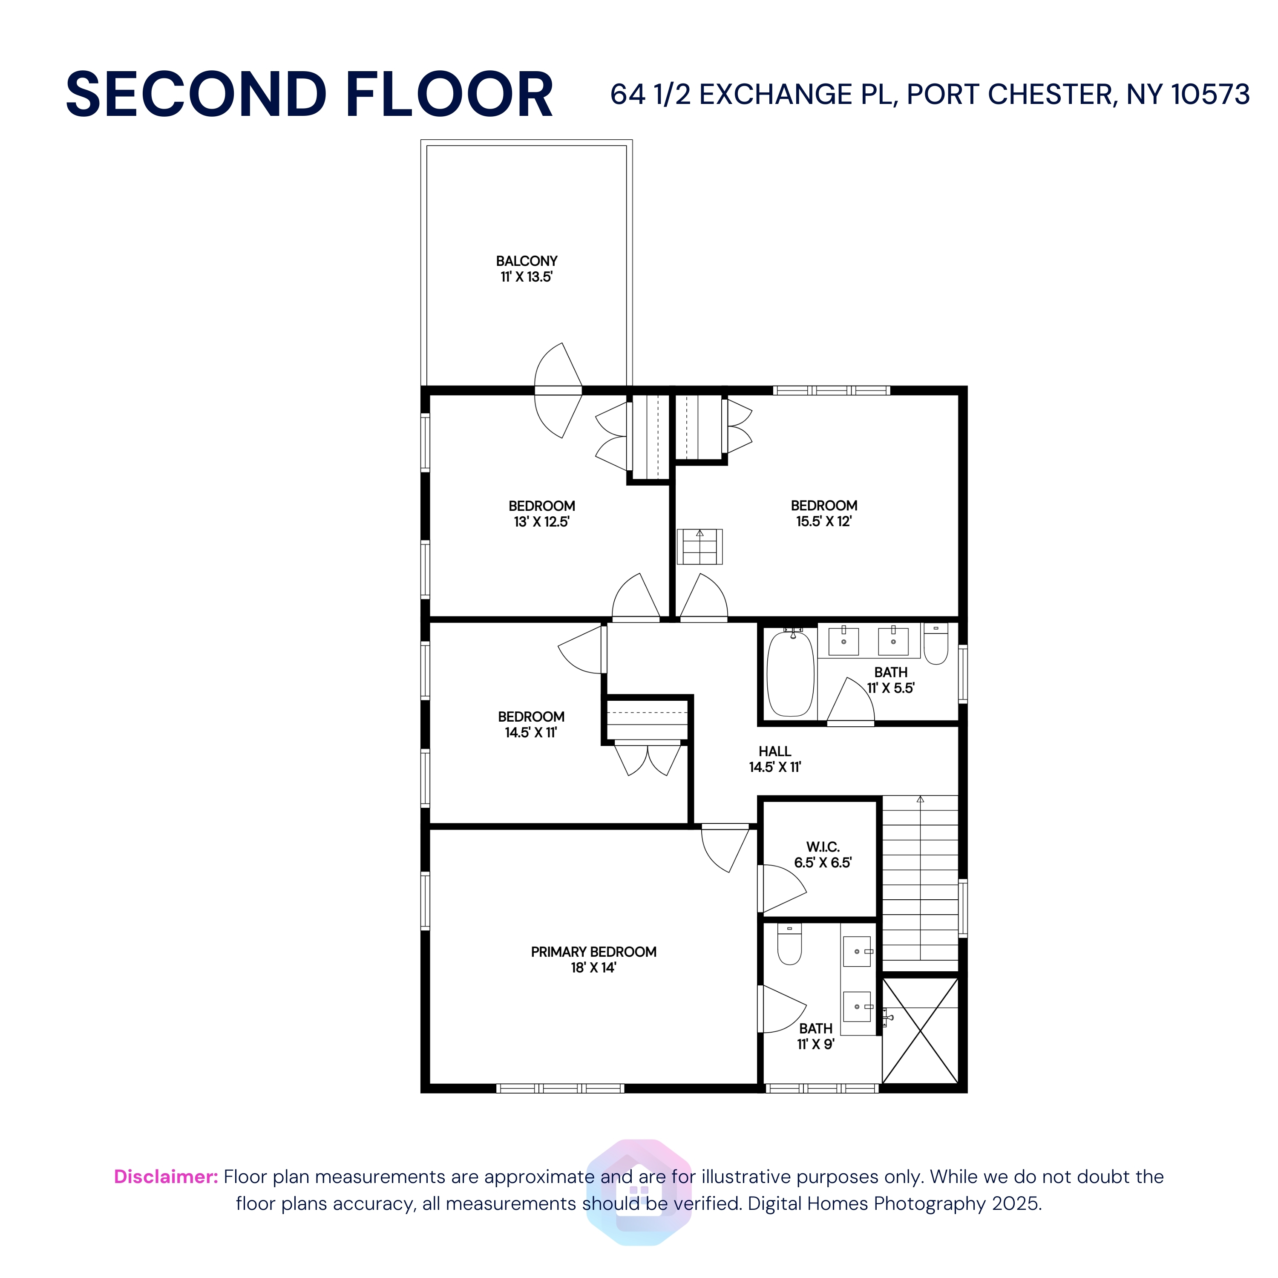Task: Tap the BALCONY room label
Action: pyautogui.click(x=527, y=261)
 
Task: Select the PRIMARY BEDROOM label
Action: pyautogui.click(x=593, y=952)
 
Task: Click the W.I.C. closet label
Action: pyautogui.click(x=823, y=847)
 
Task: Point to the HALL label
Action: pyautogui.click(x=774, y=751)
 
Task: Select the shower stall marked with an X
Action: pyautogui.click(x=920, y=1030)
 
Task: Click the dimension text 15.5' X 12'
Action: pyautogui.click(x=823, y=521)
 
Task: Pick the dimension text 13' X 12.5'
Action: pyautogui.click(x=541, y=522)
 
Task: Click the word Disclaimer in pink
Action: pyautogui.click(x=165, y=1177)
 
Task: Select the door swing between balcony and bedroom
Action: pyautogui.click(x=558, y=390)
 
